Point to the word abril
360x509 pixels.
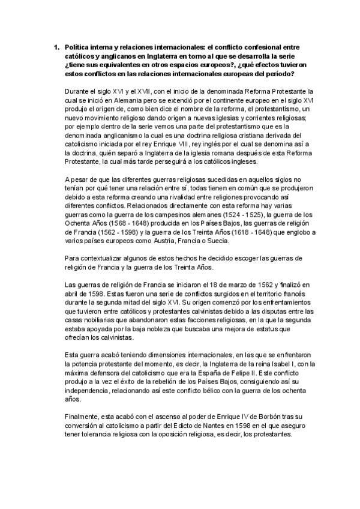[x=72, y=294]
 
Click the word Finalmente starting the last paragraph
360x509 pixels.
[x=81, y=416]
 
